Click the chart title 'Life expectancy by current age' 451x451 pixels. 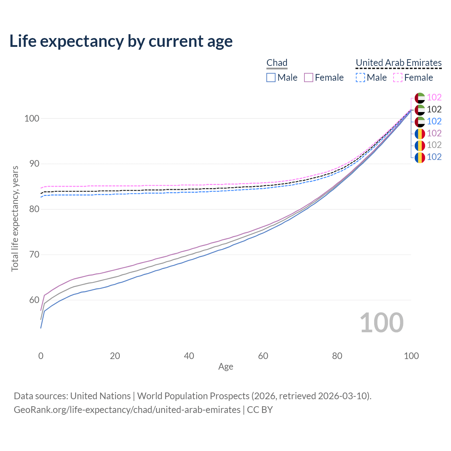pyautogui.click(x=121, y=41)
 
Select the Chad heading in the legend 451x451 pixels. pyautogui.click(x=277, y=63)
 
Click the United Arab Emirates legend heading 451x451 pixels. pyautogui.click(x=399, y=63)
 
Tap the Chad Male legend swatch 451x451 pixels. pyautogui.click(x=271, y=78)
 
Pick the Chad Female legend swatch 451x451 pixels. pyautogui.click(x=309, y=78)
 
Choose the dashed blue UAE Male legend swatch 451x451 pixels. pyautogui.click(x=360, y=78)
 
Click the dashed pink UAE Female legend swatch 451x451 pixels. pyautogui.click(x=397, y=78)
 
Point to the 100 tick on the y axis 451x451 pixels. pyautogui.click(x=31, y=118)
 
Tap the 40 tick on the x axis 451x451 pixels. pyautogui.click(x=189, y=356)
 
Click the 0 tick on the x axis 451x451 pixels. pyautogui.click(x=41, y=356)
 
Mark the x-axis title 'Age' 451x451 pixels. pyautogui.click(x=225, y=366)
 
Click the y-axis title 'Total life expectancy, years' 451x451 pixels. pyautogui.click(x=15, y=219)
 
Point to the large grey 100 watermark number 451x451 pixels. pyautogui.click(x=382, y=323)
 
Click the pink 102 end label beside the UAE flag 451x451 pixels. pyautogui.click(x=434, y=98)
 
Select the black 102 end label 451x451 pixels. pyautogui.click(x=434, y=110)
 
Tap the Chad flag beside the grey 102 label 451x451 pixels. pyautogui.click(x=420, y=146)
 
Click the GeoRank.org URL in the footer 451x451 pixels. pyautogui.click(x=127, y=410)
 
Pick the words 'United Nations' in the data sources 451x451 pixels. pyautogui.click(x=100, y=396)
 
